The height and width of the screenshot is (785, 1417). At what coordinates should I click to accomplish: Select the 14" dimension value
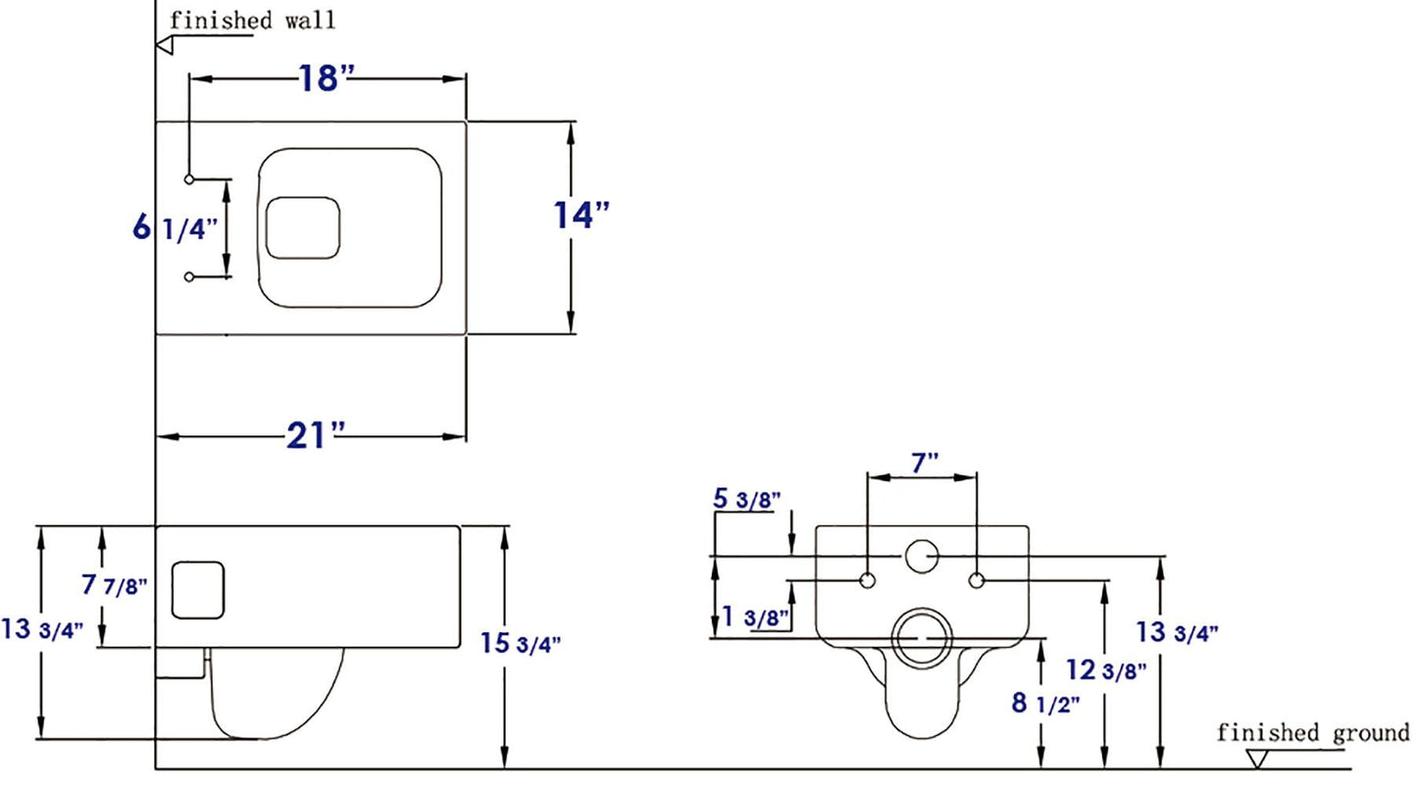pyautogui.click(x=582, y=215)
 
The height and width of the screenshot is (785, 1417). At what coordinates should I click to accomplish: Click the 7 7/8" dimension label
pyautogui.click(x=115, y=586)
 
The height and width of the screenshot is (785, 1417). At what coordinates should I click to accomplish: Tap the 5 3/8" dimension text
pyautogui.click(x=745, y=499)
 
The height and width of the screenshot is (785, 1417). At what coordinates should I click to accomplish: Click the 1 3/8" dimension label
pyautogui.click(x=755, y=616)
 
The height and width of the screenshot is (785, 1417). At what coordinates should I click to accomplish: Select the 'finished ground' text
pyautogui.click(x=1313, y=732)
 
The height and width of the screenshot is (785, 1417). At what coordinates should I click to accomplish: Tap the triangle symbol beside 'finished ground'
pyautogui.click(x=1256, y=759)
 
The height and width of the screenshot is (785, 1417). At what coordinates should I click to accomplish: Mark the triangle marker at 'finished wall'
pyautogui.click(x=164, y=44)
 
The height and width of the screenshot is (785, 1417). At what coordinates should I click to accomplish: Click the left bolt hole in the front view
pyautogui.click(x=867, y=581)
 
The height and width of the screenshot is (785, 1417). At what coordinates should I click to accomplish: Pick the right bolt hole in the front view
pyautogui.click(x=976, y=581)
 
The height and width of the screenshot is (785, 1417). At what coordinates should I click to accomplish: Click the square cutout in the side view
pyautogui.click(x=199, y=589)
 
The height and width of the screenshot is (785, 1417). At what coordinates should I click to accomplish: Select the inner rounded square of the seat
pyautogui.click(x=304, y=228)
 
